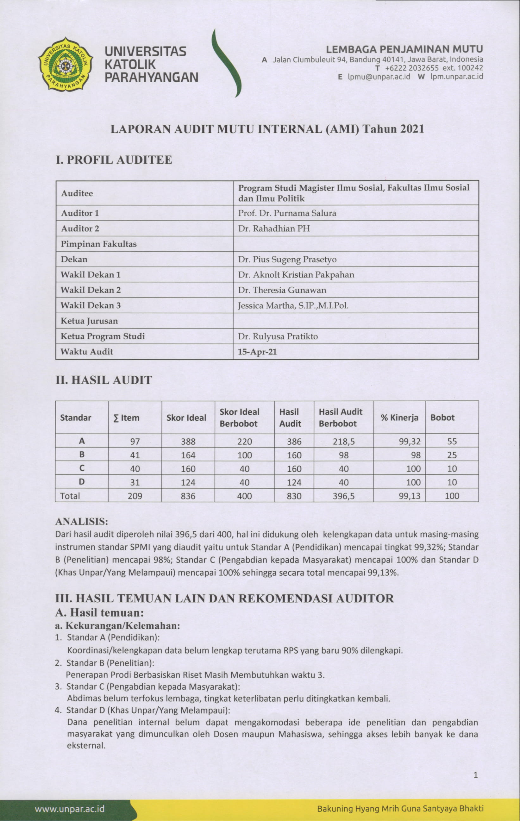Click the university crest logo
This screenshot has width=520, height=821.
click(65, 64)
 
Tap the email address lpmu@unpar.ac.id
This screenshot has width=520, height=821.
click(379, 77)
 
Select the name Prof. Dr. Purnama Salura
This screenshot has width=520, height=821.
click(287, 213)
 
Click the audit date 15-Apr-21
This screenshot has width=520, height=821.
click(257, 352)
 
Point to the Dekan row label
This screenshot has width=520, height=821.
click(74, 260)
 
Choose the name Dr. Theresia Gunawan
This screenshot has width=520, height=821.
click(282, 290)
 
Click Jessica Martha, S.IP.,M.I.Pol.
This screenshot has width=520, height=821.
click(293, 305)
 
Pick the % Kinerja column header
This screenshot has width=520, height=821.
click(399, 418)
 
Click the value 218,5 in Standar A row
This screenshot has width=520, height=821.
click(343, 442)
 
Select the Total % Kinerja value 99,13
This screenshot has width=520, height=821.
click(410, 496)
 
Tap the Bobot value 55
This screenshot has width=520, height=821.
click(452, 442)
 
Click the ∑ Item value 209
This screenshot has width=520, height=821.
click(135, 496)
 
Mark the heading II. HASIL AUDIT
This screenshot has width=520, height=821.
click(104, 380)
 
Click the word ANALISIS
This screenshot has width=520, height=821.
click(81, 521)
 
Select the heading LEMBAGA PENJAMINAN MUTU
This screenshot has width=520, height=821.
click(404, 49)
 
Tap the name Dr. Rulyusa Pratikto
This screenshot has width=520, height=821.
click(278, 336)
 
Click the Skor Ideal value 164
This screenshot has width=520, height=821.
click(188, 455)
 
